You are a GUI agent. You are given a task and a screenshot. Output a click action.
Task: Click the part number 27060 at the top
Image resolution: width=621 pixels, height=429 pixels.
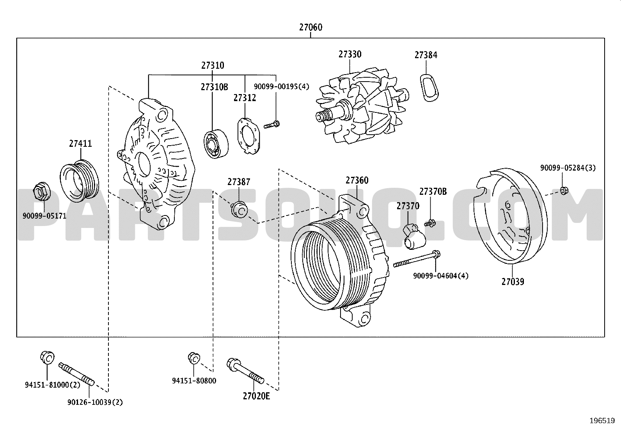tap(310, 27)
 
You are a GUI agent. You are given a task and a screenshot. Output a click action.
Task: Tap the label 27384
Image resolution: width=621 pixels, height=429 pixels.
tap(426, 55)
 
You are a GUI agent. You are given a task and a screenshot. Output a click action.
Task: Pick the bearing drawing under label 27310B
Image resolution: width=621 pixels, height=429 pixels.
tap(216, 144)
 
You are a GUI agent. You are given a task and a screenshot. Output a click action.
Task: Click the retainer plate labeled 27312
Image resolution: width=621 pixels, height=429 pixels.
tap(249, 136)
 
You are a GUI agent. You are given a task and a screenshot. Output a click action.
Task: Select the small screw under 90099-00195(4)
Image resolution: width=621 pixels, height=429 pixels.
tap(271, 125)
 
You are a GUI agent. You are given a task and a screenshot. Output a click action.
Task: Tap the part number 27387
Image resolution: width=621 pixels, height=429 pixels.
tap(239, 182)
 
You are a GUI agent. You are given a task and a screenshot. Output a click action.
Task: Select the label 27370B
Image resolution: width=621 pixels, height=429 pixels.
tap(433, 191)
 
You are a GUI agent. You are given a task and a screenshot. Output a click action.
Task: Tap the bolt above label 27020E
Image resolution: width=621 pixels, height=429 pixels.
tap(245, 371)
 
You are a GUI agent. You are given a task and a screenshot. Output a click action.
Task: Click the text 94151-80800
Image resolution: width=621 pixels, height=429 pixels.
tap(194, 381)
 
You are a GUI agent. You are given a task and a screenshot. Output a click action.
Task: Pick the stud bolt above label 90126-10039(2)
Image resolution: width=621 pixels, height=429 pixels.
tap(76, 374)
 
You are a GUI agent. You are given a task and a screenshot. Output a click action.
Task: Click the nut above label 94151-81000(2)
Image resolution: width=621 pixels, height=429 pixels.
tap(47, 358)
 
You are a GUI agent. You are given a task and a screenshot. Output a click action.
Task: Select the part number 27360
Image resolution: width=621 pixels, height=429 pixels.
tap(357, 180)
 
